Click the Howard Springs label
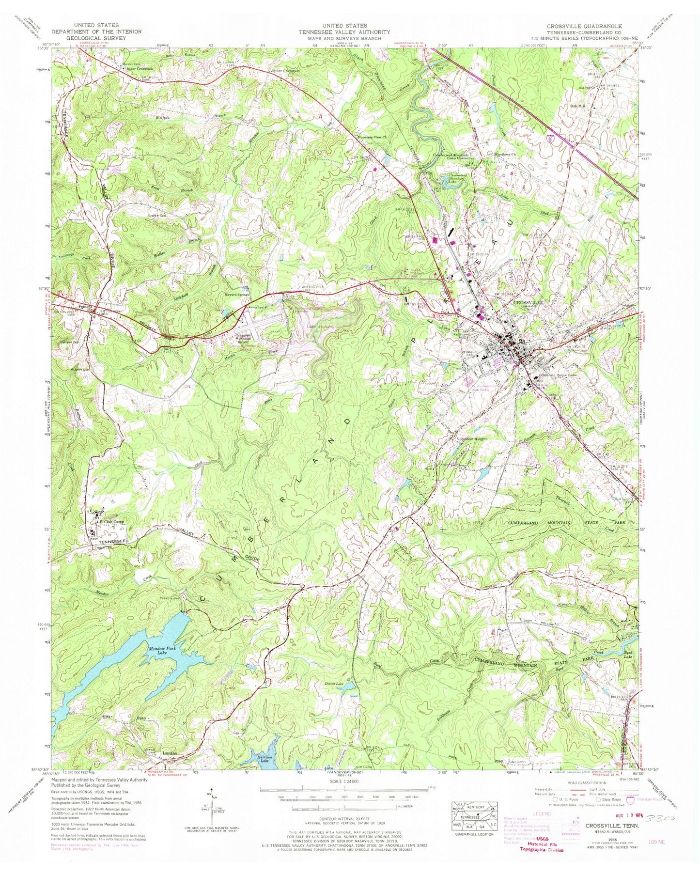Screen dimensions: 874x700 [x=237, y=294]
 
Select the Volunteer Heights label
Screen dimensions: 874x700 [x=472, y=439]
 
